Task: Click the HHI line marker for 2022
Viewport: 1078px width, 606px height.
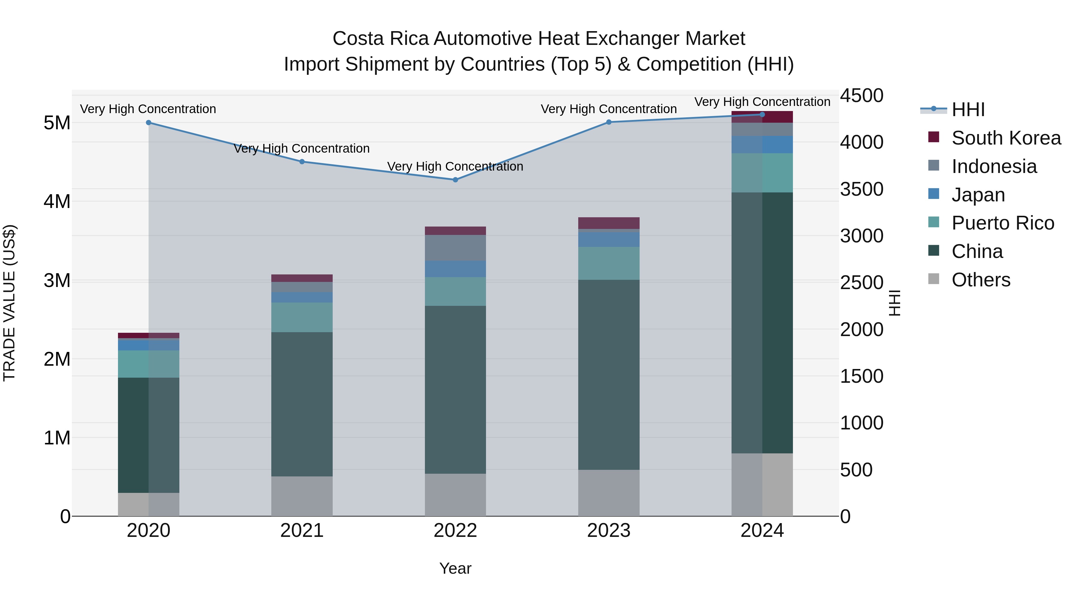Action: [x=455, y=180]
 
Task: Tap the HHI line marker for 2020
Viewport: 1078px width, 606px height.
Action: [x=149, y=122]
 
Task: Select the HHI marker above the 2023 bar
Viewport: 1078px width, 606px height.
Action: [x=609, y=122]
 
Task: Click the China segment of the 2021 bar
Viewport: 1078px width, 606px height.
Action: [x=302, y=404]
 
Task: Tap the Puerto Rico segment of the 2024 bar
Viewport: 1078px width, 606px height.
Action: [x=762, y=173]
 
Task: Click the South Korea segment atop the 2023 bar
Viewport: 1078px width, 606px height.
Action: [x=609, y=223]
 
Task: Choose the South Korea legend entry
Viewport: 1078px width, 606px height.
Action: [x=1006, y=138]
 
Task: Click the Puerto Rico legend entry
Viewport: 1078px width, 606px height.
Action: [x=1003, y=223]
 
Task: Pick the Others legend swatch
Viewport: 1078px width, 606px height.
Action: [x=934, y=279]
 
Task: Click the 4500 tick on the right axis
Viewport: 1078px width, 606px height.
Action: [x=862, y=95]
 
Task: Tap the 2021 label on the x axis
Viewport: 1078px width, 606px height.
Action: [x=302, y=531]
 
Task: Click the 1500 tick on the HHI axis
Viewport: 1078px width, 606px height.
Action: [x=862, y=376]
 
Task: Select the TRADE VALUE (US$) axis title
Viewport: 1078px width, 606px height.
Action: [x=9, y=303]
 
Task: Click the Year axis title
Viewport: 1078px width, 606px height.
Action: [x=455, y=568]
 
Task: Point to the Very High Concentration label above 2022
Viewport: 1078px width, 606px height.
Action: [x=455, y=166]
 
